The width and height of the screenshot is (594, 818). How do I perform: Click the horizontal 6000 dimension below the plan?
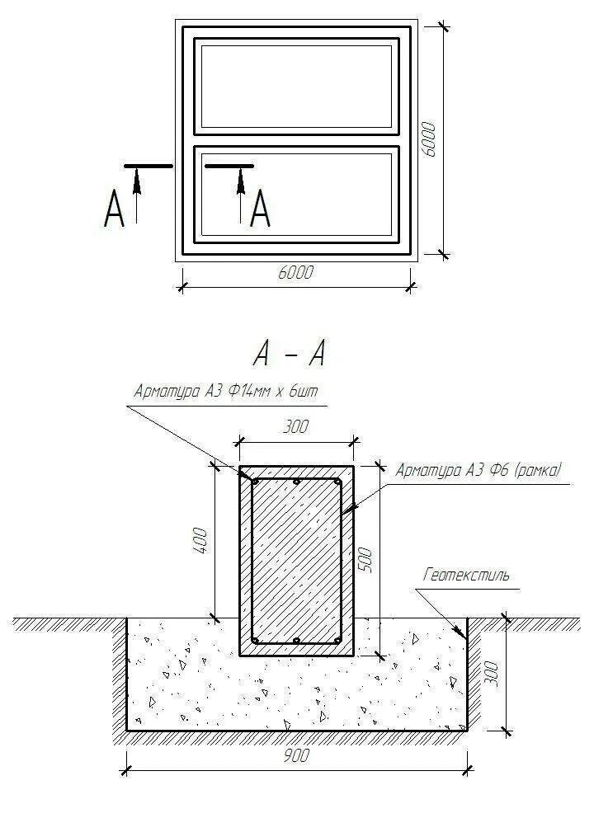click(x=296, y=273)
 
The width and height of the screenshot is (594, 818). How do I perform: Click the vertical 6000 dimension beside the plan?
click(x=429, y=141)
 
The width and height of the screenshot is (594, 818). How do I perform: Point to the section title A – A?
click(x=290, y=354)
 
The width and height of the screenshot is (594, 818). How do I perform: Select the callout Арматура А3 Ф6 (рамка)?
click(x=478, y=471)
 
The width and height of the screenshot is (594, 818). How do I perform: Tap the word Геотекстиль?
click(x=467, y=575)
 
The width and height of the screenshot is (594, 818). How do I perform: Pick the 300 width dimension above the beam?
click(x=295, y=426)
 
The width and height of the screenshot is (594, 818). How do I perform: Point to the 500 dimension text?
click(x=368, y=560)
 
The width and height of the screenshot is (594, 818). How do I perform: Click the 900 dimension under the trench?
click(x=299, y=757)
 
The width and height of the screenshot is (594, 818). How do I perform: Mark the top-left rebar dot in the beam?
click(x=256, y=482)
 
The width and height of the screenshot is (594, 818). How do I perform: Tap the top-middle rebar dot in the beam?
click(x=296, y=482)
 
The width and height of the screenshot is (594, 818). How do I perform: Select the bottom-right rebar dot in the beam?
click(x=337, y=641)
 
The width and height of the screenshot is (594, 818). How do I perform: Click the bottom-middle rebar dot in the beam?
click(x=296, y=641)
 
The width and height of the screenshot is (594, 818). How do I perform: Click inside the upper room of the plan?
click(x=296, y=86)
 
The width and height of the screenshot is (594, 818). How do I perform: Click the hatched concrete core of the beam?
click(x=296, y=561)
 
